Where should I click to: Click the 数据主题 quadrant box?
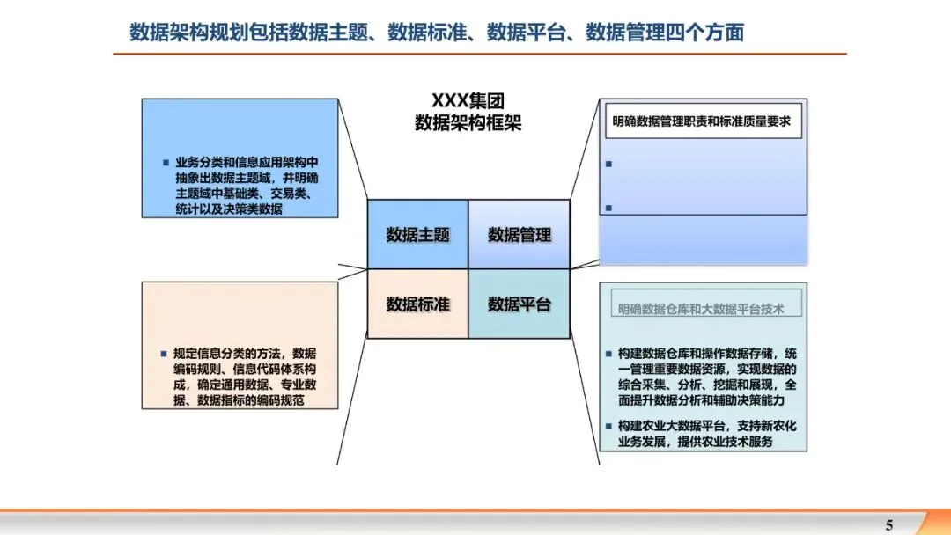[417, 235]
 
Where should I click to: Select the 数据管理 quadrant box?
[520, 235]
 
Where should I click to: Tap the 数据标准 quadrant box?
[417, 304]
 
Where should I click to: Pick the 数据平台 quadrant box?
[520, 304]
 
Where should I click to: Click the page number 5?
[888, 525]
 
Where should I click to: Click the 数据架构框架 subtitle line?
[468, 123]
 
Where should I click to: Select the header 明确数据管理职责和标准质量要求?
[702, 121]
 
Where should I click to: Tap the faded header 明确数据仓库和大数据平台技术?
[701, 309]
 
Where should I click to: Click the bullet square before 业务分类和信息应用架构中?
[165, 162]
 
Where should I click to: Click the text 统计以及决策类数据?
[229, 209]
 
